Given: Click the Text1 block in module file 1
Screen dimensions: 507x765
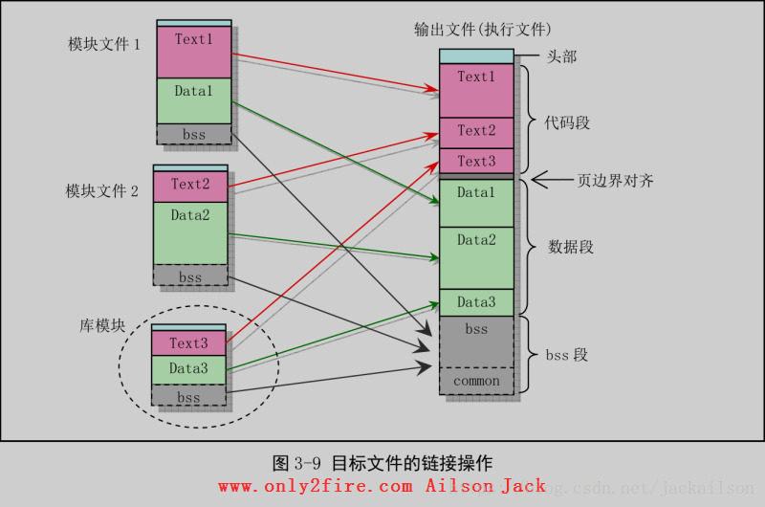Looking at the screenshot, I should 194,52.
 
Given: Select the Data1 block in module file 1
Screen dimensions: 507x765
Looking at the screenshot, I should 194,101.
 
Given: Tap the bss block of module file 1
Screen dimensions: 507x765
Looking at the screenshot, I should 194,135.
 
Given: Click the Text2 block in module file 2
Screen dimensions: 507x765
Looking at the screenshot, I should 190,186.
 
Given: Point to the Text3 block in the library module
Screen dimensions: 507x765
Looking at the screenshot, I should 188,342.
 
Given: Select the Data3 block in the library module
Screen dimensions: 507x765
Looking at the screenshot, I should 188,369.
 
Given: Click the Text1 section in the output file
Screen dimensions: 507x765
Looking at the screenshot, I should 476,90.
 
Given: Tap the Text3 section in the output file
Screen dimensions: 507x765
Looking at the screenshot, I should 476,161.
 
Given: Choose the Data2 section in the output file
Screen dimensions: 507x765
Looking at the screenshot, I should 476,256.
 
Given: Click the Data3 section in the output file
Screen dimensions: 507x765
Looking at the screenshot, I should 476,302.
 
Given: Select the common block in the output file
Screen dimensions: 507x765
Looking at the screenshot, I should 476,381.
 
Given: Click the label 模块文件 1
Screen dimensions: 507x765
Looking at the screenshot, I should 104,44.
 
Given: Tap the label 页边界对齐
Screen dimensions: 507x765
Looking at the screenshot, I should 615,180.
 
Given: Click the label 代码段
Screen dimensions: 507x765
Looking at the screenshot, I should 567,123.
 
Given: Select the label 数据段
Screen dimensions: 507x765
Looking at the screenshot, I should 571,247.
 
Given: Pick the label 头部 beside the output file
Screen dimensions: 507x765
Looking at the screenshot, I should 561,57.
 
